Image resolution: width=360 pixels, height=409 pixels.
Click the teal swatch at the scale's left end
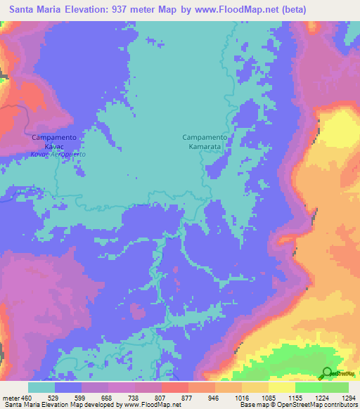[41, 387]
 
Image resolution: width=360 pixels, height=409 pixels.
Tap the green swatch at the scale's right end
[335, 387]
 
